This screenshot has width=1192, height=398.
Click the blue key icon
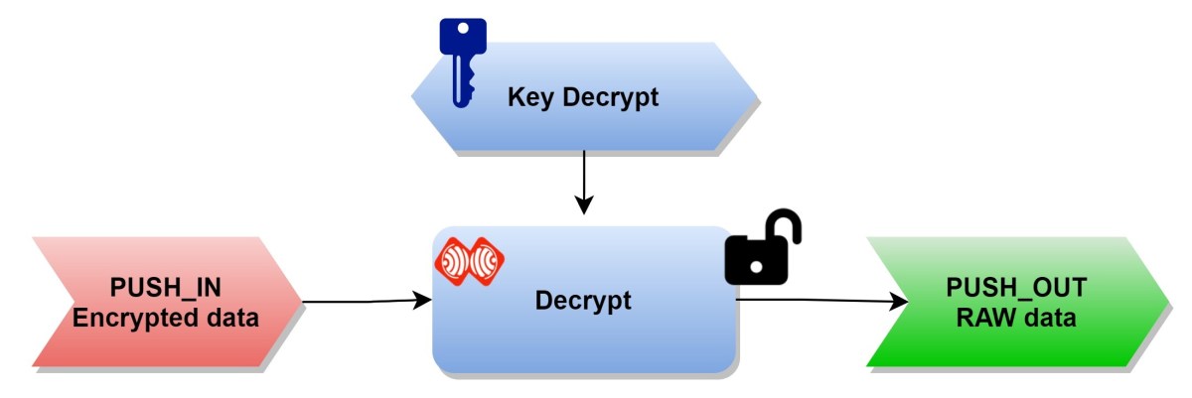tap(458, 60)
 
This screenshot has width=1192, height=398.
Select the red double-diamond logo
tap(470, 260)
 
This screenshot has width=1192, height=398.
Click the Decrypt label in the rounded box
tap(583, 300)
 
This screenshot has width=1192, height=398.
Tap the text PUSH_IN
tap(166, 289)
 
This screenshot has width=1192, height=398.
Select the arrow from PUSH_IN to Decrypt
tap(358, 300)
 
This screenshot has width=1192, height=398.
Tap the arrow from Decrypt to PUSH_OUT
tap(815, 299)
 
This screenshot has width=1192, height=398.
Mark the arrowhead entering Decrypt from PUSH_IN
tap(422, 299)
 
